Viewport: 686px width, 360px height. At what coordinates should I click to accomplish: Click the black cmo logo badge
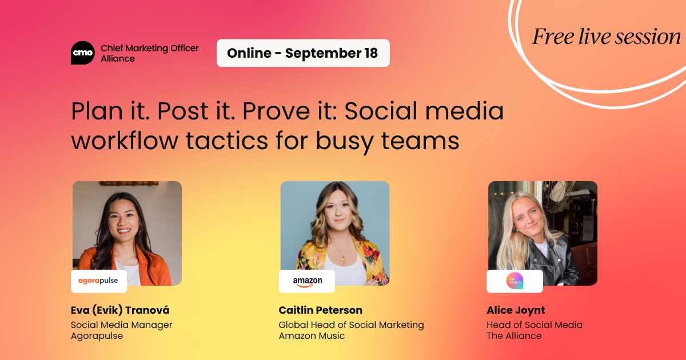coord(83,53)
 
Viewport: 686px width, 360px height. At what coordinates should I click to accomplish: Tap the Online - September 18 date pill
coord(303,53)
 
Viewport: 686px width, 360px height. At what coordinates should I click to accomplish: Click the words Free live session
coord(607,37)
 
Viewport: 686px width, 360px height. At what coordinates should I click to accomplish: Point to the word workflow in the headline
coord(125,141)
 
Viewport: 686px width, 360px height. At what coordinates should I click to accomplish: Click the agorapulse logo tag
coord(98,281)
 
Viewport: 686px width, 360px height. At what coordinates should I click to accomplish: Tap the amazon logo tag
coord(307,281)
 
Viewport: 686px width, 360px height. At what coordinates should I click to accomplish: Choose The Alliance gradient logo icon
coord(515,281)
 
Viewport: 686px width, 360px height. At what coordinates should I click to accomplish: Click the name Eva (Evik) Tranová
coord(120,310)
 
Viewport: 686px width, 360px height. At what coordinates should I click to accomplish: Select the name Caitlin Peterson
coord(320,310)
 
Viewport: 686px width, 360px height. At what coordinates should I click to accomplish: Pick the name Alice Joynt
coord(516,311)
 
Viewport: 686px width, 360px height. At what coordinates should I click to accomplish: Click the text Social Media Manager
coord(122,325)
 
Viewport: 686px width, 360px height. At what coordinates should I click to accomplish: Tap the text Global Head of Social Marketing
coord(351,325)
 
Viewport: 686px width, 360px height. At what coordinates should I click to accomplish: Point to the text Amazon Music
coord(312,336)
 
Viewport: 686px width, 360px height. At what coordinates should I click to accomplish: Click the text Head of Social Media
coord(535,325)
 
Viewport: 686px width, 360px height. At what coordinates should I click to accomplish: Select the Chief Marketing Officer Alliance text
coord(150,53)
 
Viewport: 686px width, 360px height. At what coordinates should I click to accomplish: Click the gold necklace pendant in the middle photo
coord(344,260)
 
